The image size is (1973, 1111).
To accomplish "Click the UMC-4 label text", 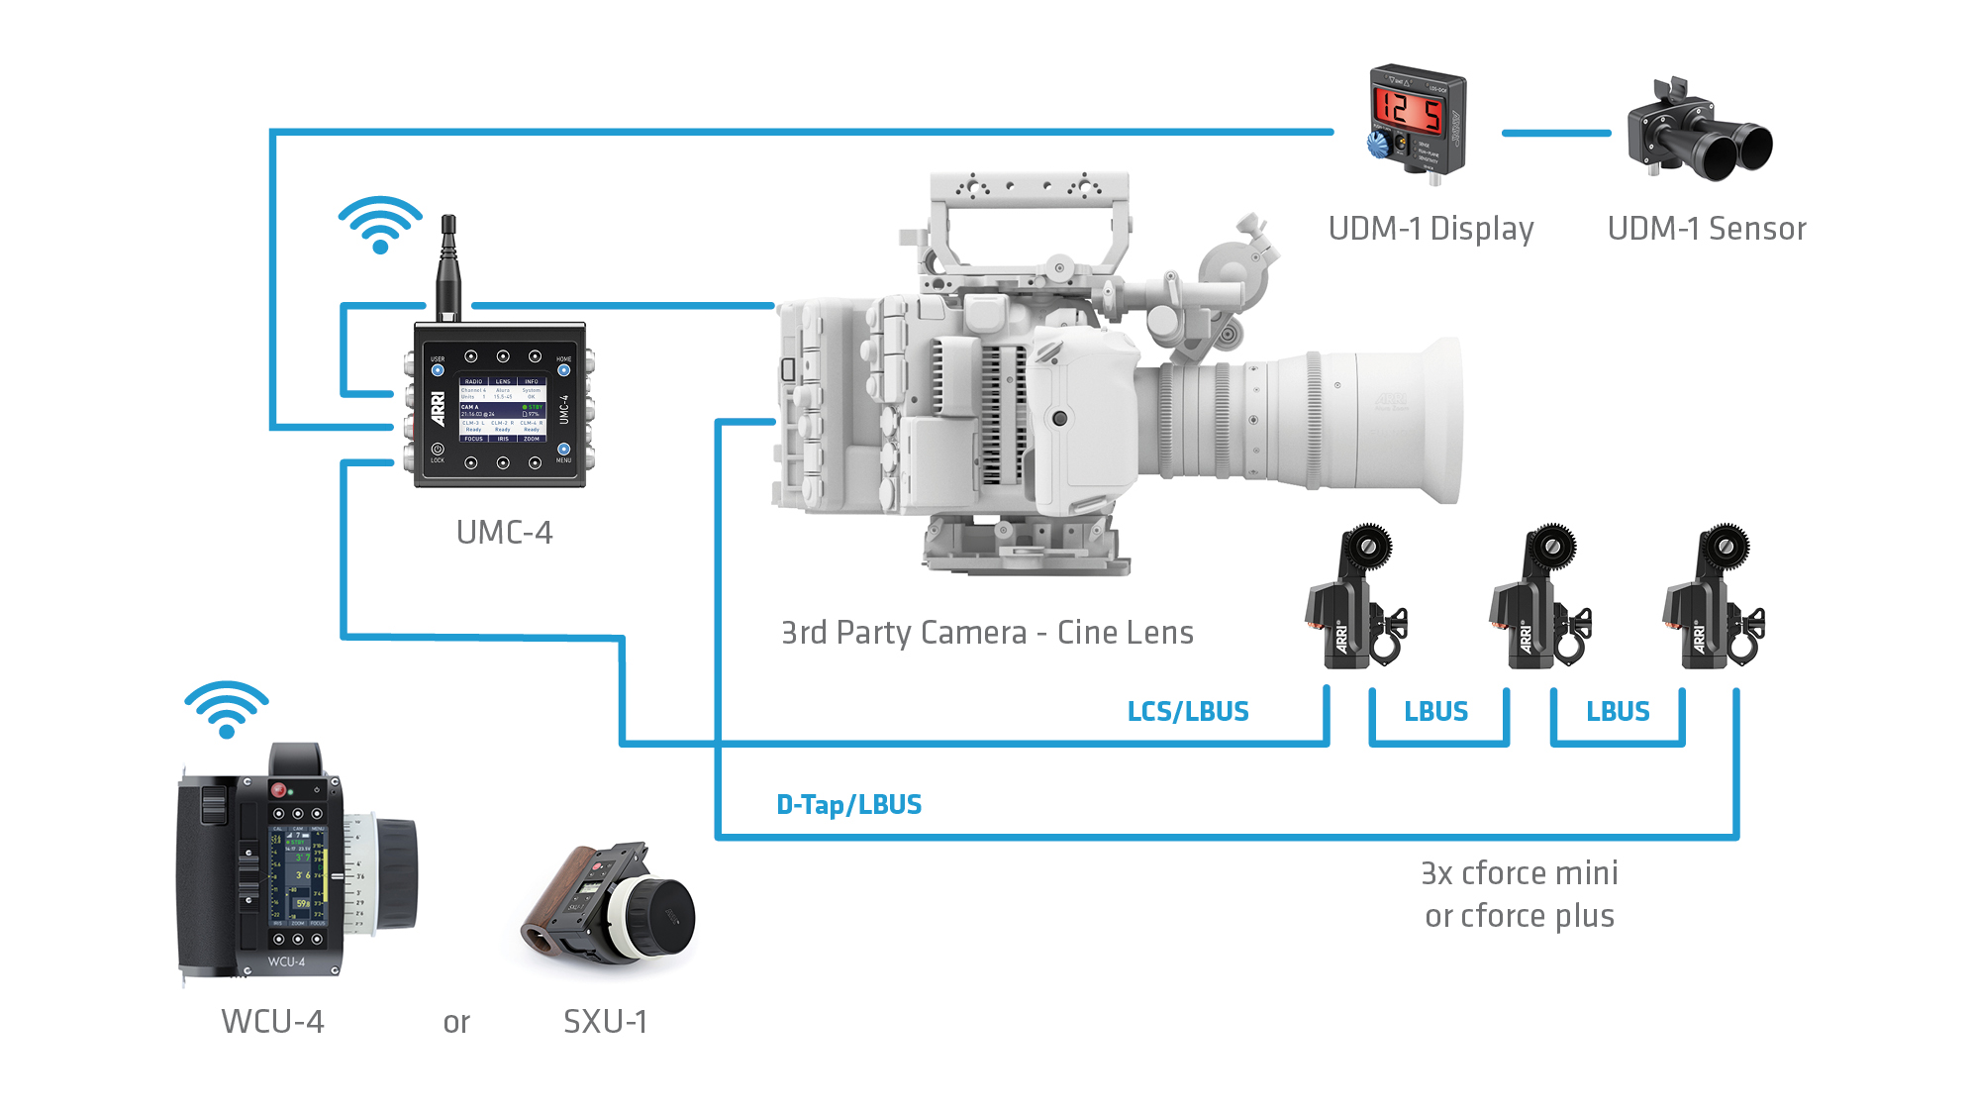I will pyautogui.click(x=504, y=533).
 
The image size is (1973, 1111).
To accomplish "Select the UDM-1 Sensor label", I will pyautogui.click(x=1706, y=229).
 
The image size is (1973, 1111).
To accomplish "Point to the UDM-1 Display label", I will pyautogui.click(x=1430, y=229).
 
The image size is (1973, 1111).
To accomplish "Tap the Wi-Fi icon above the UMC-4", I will pyautogui.click(x=380, y=225).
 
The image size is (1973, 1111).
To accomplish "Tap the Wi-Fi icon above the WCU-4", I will pyautogui.click(x=227, y=709).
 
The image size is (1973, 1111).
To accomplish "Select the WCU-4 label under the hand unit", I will pyautogui.click(x=272, y=1022).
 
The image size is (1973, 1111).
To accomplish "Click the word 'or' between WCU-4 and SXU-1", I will pyautogui.click(x=456, y=1023).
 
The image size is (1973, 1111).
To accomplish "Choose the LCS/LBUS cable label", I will pyautogui.click(x=1188, y=711).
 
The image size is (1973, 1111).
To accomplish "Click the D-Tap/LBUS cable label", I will pyautogui.click(x=848, y=804).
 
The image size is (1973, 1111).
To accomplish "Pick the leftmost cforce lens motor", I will pyautogui.click(x=1354, y=599).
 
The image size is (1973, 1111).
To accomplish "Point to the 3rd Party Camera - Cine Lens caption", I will pyautogui.click(x=987, y=633).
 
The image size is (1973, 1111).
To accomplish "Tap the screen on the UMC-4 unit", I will pyautogui.click(x=503, y=408).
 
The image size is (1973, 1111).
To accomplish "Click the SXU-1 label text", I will pyautogui.click(x=605, y=1022).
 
